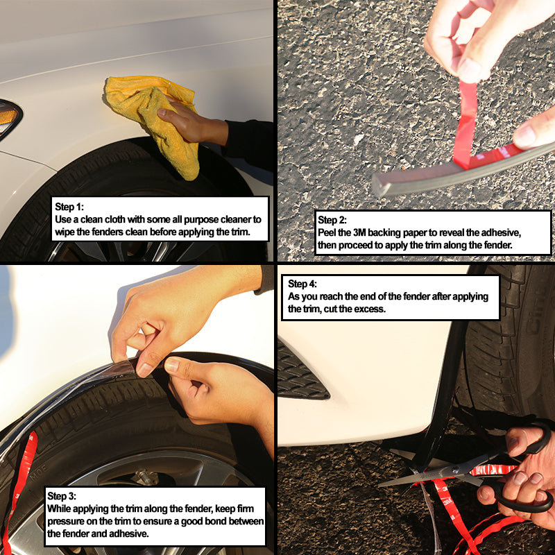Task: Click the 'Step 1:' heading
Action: pyautogui.click(x=69, y=207)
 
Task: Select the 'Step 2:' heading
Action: pyautogui.click(x=332, y=220)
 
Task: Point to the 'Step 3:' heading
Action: pyautogui.click(x=62, y=496)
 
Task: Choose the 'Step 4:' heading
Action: pyautogui.click(x=302, y=284)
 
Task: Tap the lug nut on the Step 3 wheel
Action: pyautogui.click(x=144, y=477)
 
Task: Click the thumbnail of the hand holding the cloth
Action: pyautogui.click(x=162, y=112)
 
